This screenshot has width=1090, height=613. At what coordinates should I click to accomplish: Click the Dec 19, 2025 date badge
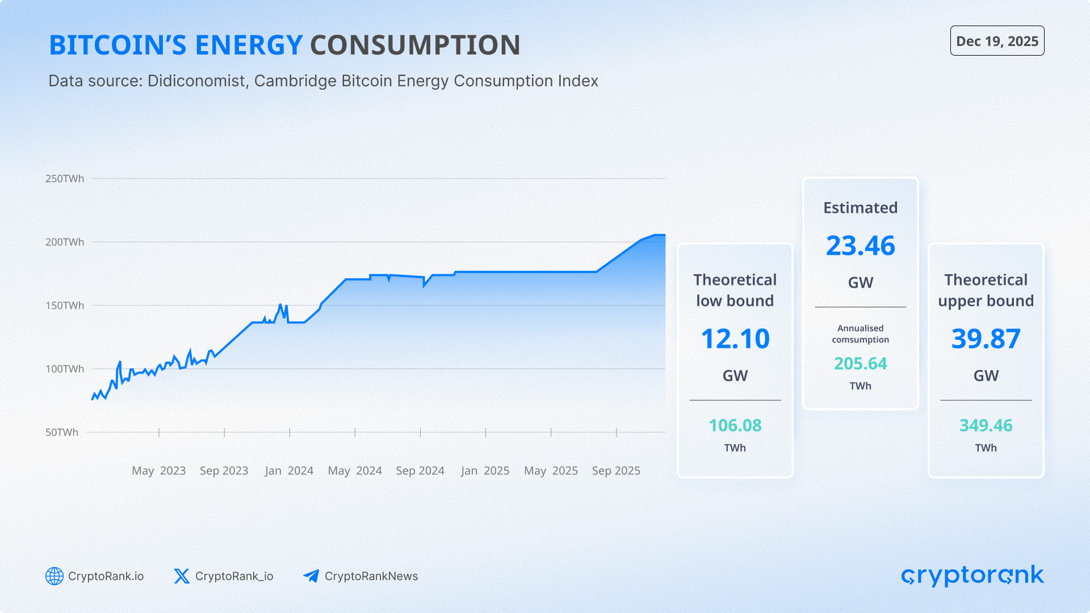997,41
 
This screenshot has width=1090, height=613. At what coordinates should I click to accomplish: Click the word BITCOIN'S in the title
118,45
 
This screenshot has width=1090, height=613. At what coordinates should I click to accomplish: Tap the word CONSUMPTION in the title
415,45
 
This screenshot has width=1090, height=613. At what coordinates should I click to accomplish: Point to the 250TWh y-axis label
65,179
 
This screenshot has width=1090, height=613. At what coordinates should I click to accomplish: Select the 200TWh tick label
65,242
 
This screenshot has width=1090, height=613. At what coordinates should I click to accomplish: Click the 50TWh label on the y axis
62,433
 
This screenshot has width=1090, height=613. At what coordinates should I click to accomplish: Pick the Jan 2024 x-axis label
289,471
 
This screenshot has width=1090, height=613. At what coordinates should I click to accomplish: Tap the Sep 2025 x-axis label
616,471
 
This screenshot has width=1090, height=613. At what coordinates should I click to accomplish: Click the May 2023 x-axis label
158,471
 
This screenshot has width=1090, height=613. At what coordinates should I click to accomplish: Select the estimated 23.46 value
860,246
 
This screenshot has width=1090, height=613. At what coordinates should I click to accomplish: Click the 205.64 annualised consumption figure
860,364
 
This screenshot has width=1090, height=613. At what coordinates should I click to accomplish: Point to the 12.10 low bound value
735,339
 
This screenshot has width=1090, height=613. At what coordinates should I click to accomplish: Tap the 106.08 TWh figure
735,426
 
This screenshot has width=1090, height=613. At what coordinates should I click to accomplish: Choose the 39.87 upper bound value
986,339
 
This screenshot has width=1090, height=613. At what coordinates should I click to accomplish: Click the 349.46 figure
986,426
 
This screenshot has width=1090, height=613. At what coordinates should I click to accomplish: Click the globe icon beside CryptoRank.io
54,576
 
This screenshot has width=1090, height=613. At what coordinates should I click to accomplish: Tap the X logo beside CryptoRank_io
182,576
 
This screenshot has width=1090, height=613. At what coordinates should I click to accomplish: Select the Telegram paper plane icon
311,576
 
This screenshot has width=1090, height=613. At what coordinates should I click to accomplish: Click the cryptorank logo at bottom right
972,576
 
